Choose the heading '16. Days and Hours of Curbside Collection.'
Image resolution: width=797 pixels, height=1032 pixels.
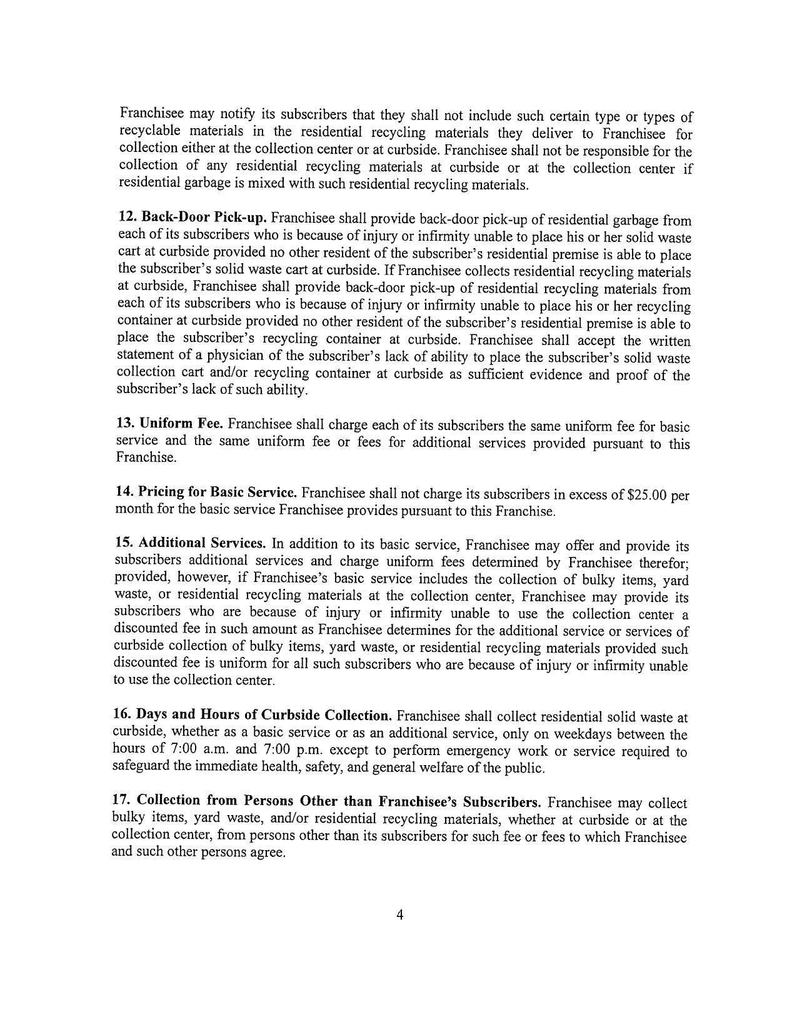tap(252, 714)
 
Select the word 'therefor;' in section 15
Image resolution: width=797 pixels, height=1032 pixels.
tap(662, 562)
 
